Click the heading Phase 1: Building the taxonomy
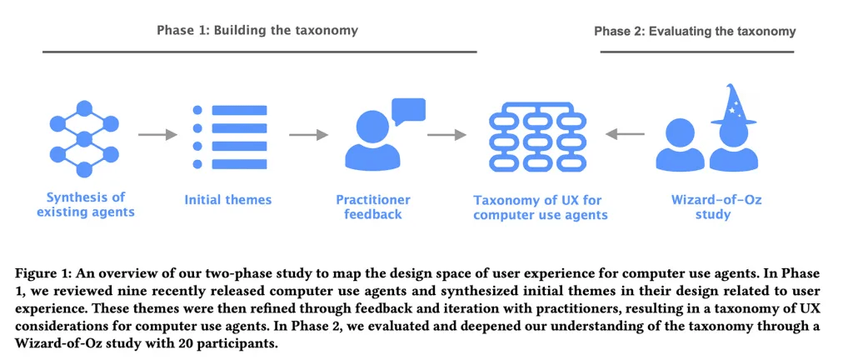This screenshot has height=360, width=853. click(x=257, y=30)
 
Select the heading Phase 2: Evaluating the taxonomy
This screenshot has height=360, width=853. click(x=695, y=31)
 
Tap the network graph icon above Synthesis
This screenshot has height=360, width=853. click(x=84, y=138)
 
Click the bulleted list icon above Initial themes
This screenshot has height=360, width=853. click(x=228, y=134)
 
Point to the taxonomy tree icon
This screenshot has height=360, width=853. click(x=540, y=135)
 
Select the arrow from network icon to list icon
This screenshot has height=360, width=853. click(x=157, y=134)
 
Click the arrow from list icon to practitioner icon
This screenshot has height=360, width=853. click(x=308, y=134)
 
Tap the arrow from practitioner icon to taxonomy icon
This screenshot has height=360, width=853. click(x=446, y=134)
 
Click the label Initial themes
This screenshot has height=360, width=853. click(x=228, y=200)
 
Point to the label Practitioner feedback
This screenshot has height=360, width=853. click(x=373, y=207)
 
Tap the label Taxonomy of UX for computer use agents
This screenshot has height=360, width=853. click(x=540, y=207)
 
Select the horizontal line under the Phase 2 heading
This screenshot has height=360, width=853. click(x=696, y=52)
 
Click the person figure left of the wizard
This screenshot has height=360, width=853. click(x=681, y=147)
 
